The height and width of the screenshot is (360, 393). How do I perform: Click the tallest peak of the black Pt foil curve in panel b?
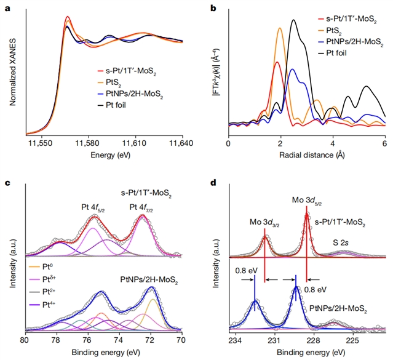pyautogui.click(x=294, y=20)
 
